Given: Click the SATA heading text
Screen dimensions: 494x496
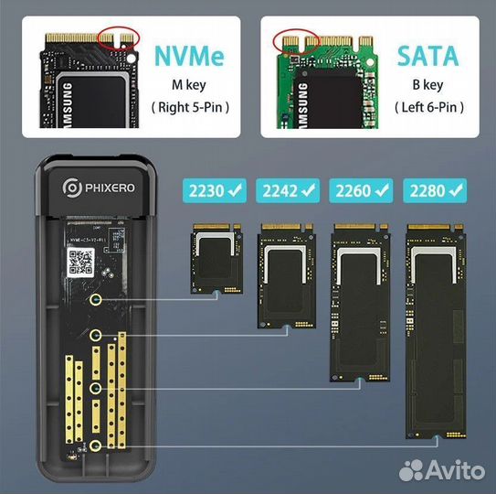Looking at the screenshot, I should (x=427, y=56).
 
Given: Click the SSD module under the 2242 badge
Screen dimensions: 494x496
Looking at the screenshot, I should (x=289, y=277).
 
